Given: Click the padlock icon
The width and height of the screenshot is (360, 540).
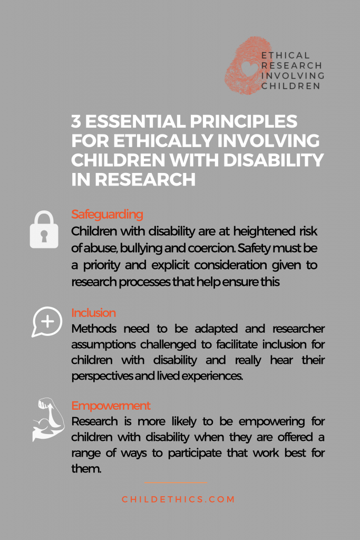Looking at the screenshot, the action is pos(44,229).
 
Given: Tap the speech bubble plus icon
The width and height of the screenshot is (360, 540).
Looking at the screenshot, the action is pos(47,322).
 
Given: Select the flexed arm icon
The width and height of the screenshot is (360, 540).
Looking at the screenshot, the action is pos(48,419).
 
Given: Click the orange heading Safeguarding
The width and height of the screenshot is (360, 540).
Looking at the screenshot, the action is pos(107,214).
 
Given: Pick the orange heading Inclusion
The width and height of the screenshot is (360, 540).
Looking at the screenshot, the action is pos(93,313).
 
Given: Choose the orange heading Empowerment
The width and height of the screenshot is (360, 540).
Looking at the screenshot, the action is pos(111,406).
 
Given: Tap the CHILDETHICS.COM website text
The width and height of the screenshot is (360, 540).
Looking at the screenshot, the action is pos(178,499).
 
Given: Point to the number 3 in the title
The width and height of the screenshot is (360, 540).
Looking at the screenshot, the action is pos(76,121).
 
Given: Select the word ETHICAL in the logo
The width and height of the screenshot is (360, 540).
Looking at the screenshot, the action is pos(285,55).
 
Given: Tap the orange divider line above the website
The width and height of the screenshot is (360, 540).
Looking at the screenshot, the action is pos(176,483).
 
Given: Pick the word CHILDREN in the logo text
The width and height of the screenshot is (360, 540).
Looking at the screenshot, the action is pos(291,86).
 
